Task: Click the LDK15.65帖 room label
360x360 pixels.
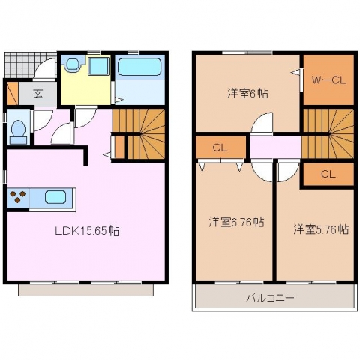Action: (x=87, y=230)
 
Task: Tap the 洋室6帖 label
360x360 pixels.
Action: (x=247, y=94)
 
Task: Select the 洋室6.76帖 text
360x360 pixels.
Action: (x=236, y=222)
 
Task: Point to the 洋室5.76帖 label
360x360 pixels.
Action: (x=321, y=229)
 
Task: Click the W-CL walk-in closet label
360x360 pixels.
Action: (x=328, y=80)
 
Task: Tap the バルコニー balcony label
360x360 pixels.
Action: (x=270, y=298)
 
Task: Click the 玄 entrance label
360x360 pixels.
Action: (x=38, y=94)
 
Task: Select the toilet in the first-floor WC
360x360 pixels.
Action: (x=18, y=132)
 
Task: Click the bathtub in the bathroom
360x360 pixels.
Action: (x=139, y=67)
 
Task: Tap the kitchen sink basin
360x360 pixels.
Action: (x=55, y=197)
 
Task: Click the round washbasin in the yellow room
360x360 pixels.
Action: (x=73, y=64)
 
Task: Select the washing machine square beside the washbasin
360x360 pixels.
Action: (x=99, y=66)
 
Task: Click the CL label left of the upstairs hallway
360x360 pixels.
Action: (x=220, y=148)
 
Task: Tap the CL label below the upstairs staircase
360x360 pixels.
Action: (x=328, y=174)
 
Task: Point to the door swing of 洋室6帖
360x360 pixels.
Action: (x=262, y=124)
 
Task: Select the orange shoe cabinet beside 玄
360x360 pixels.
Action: (x=12, y=93)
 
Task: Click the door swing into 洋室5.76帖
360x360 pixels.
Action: (x=288, y=172)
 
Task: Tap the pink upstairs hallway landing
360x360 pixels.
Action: (x=275, y=147)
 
